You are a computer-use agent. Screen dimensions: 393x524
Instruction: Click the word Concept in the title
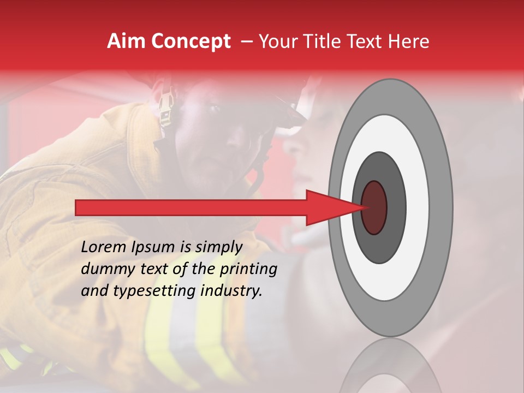(190, 41)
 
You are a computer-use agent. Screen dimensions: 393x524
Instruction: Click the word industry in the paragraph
(231, 291)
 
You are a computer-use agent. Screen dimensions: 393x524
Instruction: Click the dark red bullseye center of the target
(374, 207)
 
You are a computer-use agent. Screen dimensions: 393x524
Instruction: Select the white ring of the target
(417, 207)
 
